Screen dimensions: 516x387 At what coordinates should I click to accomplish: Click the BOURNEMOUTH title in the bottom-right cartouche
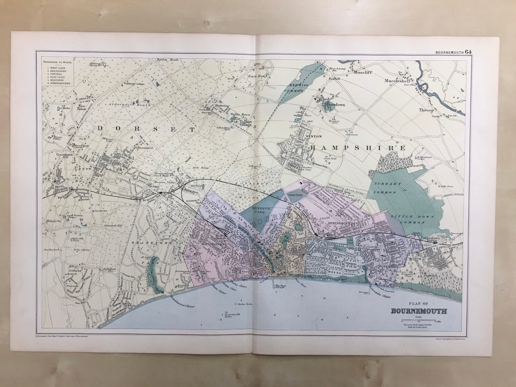point(419,312)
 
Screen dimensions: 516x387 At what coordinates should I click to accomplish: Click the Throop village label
point(427,109)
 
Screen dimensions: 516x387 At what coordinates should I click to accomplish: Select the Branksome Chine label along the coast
point(182,301)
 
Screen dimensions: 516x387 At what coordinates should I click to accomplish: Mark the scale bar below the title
point(419,321)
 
